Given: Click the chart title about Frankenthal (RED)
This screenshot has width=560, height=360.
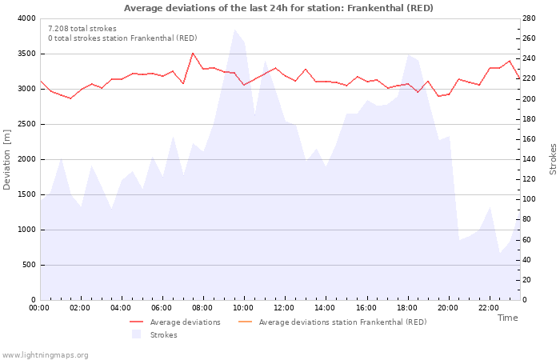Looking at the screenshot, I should tap(278, 8).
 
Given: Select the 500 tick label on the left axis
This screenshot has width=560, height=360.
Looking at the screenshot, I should tap(28, 265).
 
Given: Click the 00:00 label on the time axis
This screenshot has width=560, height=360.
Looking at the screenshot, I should tap(39, 307).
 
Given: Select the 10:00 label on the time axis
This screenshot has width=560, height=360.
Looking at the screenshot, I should tap(243, 307).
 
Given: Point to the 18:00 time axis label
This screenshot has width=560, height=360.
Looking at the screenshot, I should tap(406, 307).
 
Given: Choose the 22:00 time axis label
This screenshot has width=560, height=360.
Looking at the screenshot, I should tap(488, 307).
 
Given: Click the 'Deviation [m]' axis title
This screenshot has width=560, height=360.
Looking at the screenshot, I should tap(7, 159).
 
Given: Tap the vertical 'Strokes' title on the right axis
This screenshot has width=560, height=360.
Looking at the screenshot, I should tap(553, 159).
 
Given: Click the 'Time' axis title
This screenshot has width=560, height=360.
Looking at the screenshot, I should tap(507, 318).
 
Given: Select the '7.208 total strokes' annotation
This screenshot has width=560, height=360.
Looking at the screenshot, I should tap(82, 28).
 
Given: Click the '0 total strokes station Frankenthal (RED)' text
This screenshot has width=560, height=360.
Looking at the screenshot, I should tap(122, 38).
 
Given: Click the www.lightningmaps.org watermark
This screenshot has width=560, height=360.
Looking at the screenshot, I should tap(45, 354).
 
